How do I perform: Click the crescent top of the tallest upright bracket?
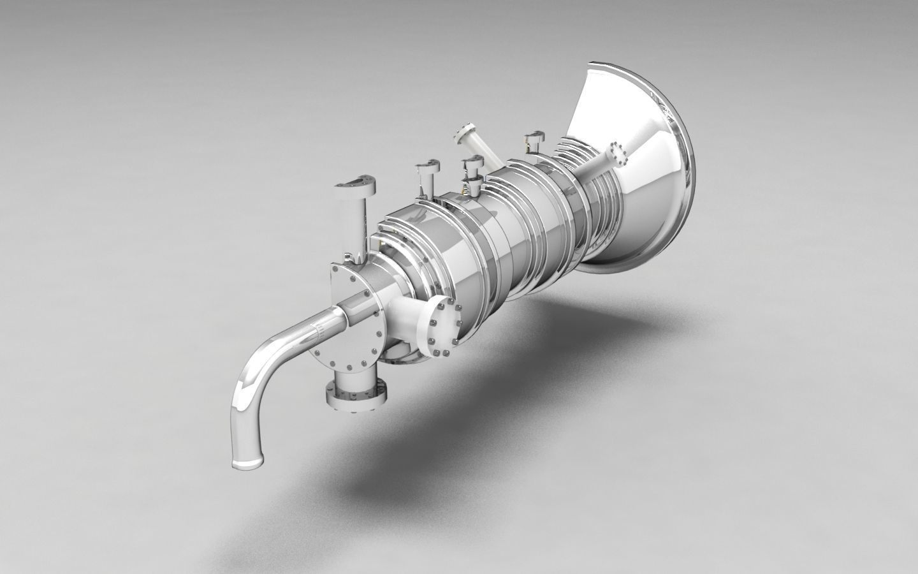point(355,184)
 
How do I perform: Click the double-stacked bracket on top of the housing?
point(472,172)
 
